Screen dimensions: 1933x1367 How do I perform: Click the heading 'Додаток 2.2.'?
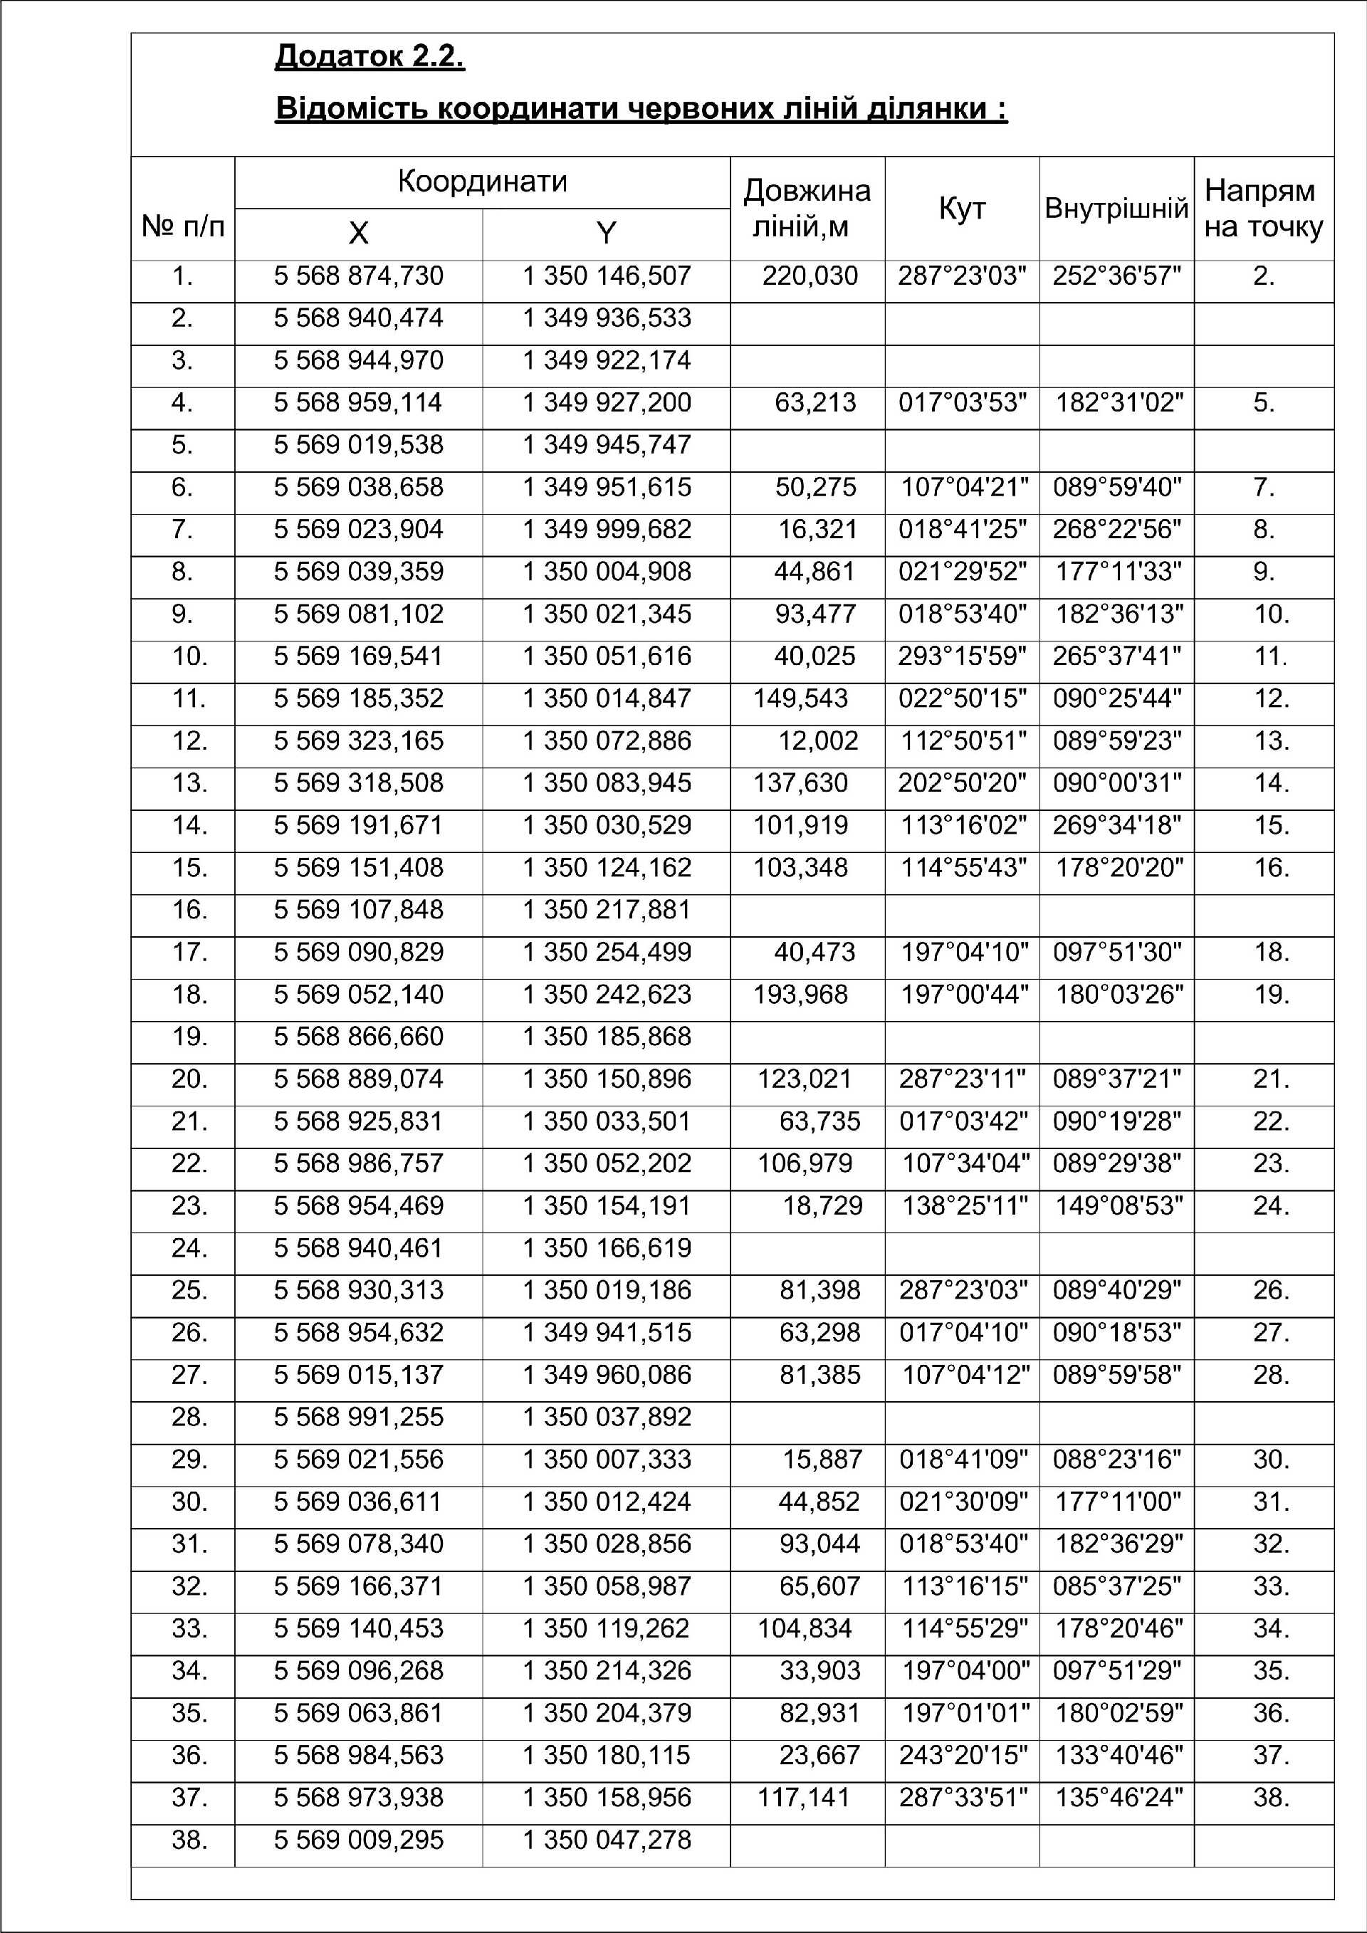point(370,56)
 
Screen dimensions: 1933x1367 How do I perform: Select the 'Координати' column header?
point(482,182)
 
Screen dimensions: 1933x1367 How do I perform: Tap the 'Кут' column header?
point(961,209)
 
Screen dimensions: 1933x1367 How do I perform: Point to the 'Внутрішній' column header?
point(1116,209)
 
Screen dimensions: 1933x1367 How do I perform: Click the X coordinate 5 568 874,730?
point(359,276)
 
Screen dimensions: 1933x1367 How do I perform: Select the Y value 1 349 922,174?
point(606,360)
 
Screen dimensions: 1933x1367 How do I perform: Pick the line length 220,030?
point(810,276)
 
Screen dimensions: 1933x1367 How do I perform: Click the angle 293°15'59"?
point(962,656)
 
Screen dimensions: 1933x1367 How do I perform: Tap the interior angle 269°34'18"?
point(1117,826)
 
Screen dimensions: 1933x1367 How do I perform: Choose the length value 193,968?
point(800,995)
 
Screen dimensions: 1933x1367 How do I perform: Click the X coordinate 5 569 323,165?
point(359,741)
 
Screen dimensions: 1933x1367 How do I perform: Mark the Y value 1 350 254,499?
point(606,952)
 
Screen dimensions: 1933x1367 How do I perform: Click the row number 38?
point(189,1840)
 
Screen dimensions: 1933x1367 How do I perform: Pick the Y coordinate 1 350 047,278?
point(606,1840)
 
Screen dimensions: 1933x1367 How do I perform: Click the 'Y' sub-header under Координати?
point(606,234)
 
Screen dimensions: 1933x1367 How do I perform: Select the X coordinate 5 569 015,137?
point(359,1376)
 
